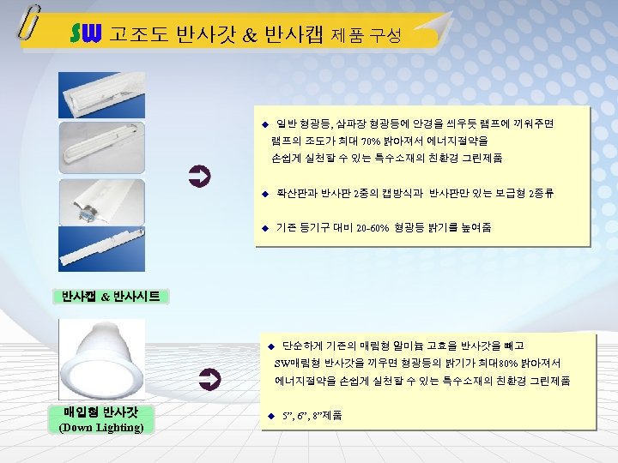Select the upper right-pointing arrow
[x=199, y=177]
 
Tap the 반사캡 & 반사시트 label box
[x=111, y=297]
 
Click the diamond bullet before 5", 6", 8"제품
[x=271, y=416]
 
